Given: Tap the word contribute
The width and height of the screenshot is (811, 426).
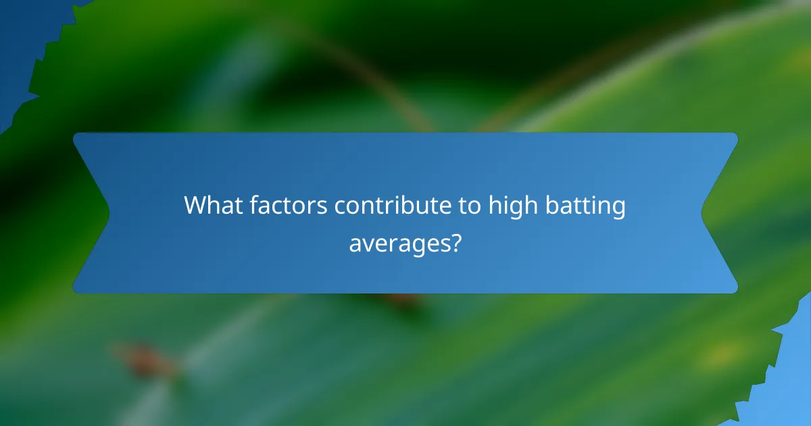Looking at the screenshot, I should pyautogui.click(x=391, y=206).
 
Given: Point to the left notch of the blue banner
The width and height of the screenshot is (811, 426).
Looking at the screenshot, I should pyautogui.click(x=107, y=213).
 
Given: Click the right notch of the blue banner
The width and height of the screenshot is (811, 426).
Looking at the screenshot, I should pyautogui.click(x=704, y=213).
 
